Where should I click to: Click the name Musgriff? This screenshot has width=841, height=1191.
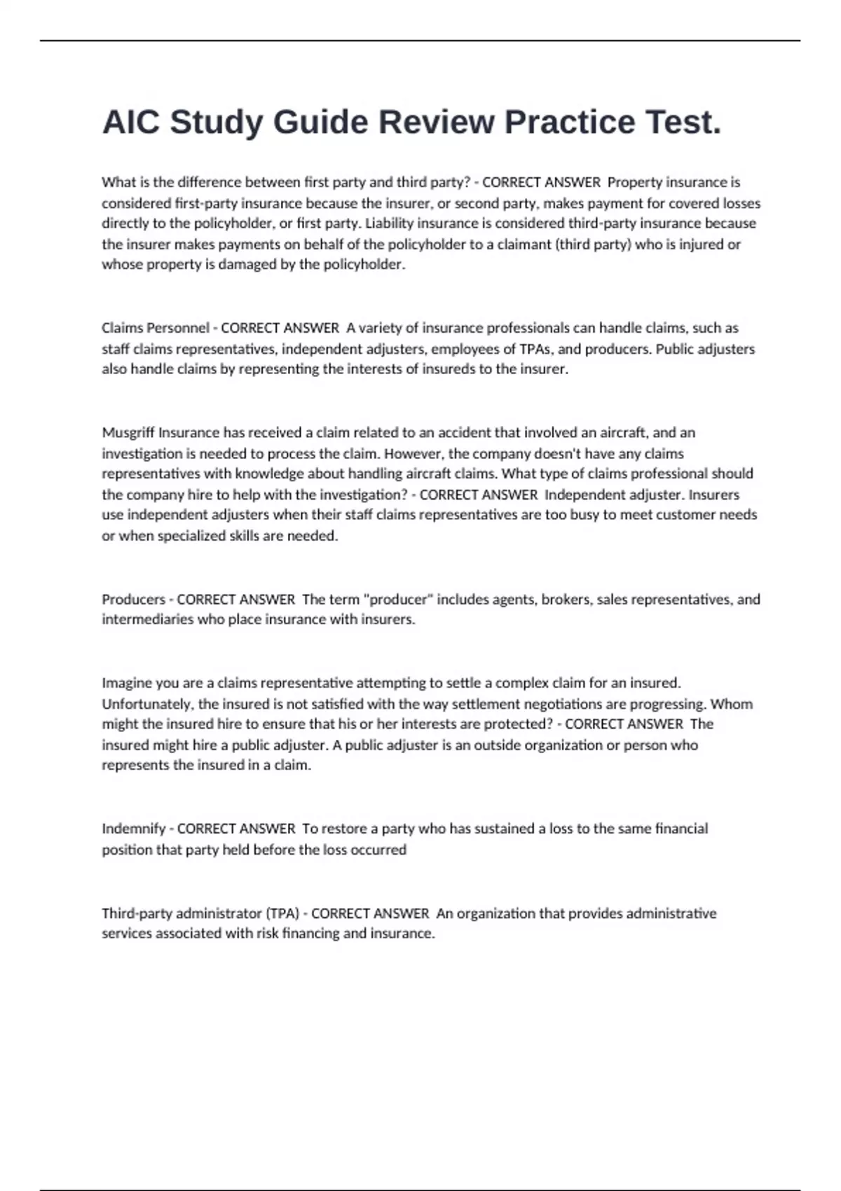point(128,432)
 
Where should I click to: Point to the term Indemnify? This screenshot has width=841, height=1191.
point(133,829)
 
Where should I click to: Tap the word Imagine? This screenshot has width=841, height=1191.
point(127,682)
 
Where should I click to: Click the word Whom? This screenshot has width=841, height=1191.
point(736,703)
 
